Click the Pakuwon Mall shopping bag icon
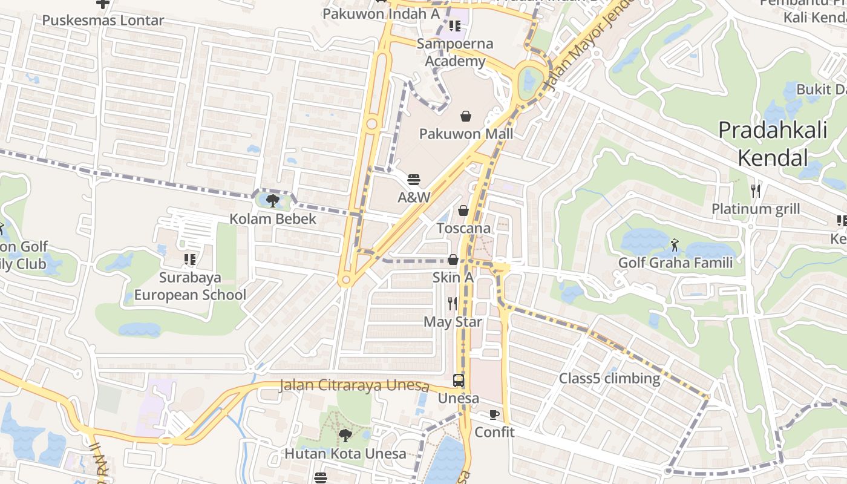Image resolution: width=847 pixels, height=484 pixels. pos(466,116)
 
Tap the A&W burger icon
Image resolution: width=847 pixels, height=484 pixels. pos(414,179)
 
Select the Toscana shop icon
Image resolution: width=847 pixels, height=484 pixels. pos(463,211)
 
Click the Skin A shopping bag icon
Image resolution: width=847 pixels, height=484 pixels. pos(453,260)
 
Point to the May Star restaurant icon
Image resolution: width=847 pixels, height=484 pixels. pos(453,303)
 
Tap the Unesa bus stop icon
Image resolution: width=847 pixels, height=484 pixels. pos(459,381)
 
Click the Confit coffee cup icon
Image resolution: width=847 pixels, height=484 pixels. pos(494,414)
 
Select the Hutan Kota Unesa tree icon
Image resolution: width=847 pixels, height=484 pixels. pos(345,436)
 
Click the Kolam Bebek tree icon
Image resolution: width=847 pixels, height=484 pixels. pos(273,200)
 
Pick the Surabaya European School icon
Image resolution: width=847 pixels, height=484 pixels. pos(190,260)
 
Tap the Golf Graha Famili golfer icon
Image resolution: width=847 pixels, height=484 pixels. pos(675,245)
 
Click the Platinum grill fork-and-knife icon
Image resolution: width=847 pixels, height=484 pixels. pos(755,191)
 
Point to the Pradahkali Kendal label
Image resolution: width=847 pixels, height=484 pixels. pos(773,144)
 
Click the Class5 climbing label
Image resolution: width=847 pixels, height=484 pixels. pos(609,378)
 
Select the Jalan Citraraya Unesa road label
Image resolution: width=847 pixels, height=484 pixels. pos(355,385)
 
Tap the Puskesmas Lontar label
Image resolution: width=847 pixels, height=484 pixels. pos(103,20)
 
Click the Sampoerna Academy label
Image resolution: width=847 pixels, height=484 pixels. pos(455,52)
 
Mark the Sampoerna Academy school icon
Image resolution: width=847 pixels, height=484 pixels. pos(455,26)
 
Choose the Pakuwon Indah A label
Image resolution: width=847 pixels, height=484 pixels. pos(381,13)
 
